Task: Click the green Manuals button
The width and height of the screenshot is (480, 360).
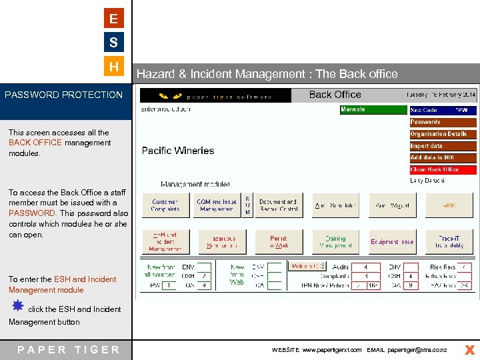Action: [x=373, y=110]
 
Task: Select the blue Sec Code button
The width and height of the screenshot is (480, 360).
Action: [x=443, y=110]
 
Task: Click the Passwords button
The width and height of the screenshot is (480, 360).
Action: [x=443, y=122]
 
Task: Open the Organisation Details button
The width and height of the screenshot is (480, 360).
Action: [x=443, y=134]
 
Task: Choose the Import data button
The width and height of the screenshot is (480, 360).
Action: [x=443, y=146]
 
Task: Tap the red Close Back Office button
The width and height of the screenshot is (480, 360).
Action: [x=443, y=170]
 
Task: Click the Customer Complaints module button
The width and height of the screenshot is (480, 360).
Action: [x=165, y=205]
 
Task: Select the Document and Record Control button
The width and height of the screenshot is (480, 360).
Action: [x=277, y=205]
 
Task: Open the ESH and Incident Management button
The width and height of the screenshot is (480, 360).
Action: [x=165, y=241]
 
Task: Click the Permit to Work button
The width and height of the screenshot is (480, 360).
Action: [x=278, y=241]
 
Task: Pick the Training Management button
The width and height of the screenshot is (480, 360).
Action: [x=335, y=241]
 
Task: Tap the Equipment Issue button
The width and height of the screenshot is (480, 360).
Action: [x=392, y=241]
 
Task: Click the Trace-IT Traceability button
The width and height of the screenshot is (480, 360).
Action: [x=450, y=241]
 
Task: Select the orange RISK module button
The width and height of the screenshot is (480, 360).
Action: [x=450, y=205]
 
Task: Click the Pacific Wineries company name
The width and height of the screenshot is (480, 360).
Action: [x=178, y=151]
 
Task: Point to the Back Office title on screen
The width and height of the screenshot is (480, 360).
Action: [x=335, y=95]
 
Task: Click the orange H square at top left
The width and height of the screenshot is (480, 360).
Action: [x=114, y=67]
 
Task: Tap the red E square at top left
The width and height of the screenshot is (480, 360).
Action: [x=114, y=19]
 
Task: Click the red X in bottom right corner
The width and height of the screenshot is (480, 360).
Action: [x=469, y=349]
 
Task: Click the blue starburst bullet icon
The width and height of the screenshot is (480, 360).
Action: [x=18, y=305]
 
